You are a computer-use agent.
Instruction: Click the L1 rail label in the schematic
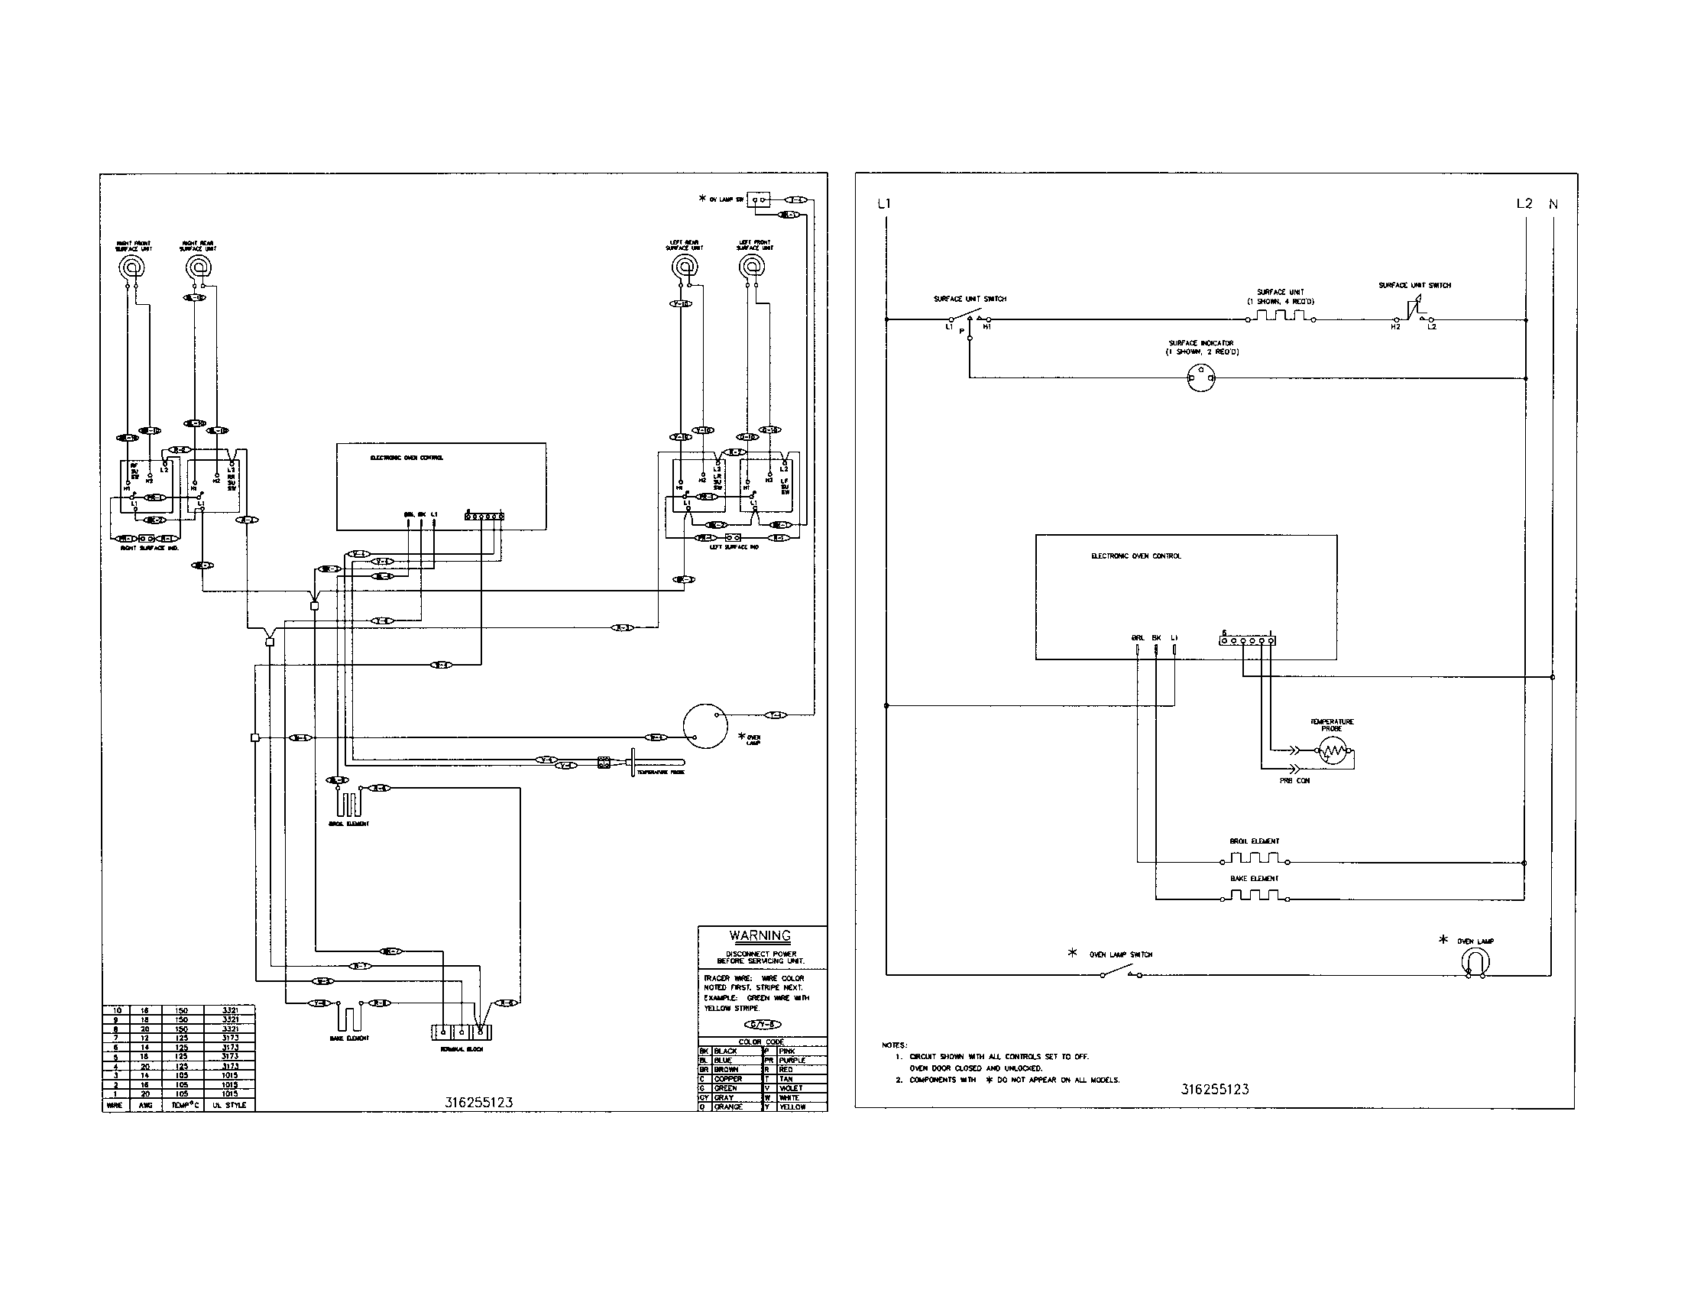pyautogui.click(x=883, y=204)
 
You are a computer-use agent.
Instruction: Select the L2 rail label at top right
pyautogui.click(x=1524, y=204)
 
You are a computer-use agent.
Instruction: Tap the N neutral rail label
pyautogui.click(x=1553, y=205)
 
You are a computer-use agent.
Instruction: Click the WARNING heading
pyautogui.click(x=760, y=936)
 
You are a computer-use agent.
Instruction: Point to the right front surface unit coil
pyautogui.click(x=133, y=267)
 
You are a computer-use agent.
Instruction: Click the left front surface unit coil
pyautogui.click(x=751, y=267)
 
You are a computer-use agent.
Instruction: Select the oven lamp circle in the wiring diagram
pyautogui.click(x=705, y=726)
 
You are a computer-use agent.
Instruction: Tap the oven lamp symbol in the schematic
pyautogui.click(x=1475, y=962)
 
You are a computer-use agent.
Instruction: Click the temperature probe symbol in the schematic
pyautogui.click(x=1333, y=750)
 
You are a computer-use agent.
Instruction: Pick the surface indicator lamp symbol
pyautogui.click(x=1201, y=377)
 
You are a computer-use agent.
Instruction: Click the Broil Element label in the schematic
pyautogui.click(x=1254, y=841)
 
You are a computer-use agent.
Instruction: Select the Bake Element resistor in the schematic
pyautogui.click(x=1254, y=896)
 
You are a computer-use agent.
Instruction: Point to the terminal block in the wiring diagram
pyautogui.click(x=461, y=1032)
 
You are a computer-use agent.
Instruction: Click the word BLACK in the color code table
pyautogui.click(x=726, y=1051)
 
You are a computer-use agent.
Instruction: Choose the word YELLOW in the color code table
pyautogui.click(x=793, y=1106)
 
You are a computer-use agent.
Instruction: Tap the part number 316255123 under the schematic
pyautogui.click(x=1215, y=1089)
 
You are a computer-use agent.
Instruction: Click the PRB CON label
pyautogui.click(x=1294, y=780)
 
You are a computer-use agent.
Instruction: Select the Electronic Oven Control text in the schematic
pyautogui.click(x=1136, y=556)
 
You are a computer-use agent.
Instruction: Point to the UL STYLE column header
pyautogui.click(x=230, y=1105)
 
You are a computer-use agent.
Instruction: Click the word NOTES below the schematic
pyautogui.click(x=895, y=1045)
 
